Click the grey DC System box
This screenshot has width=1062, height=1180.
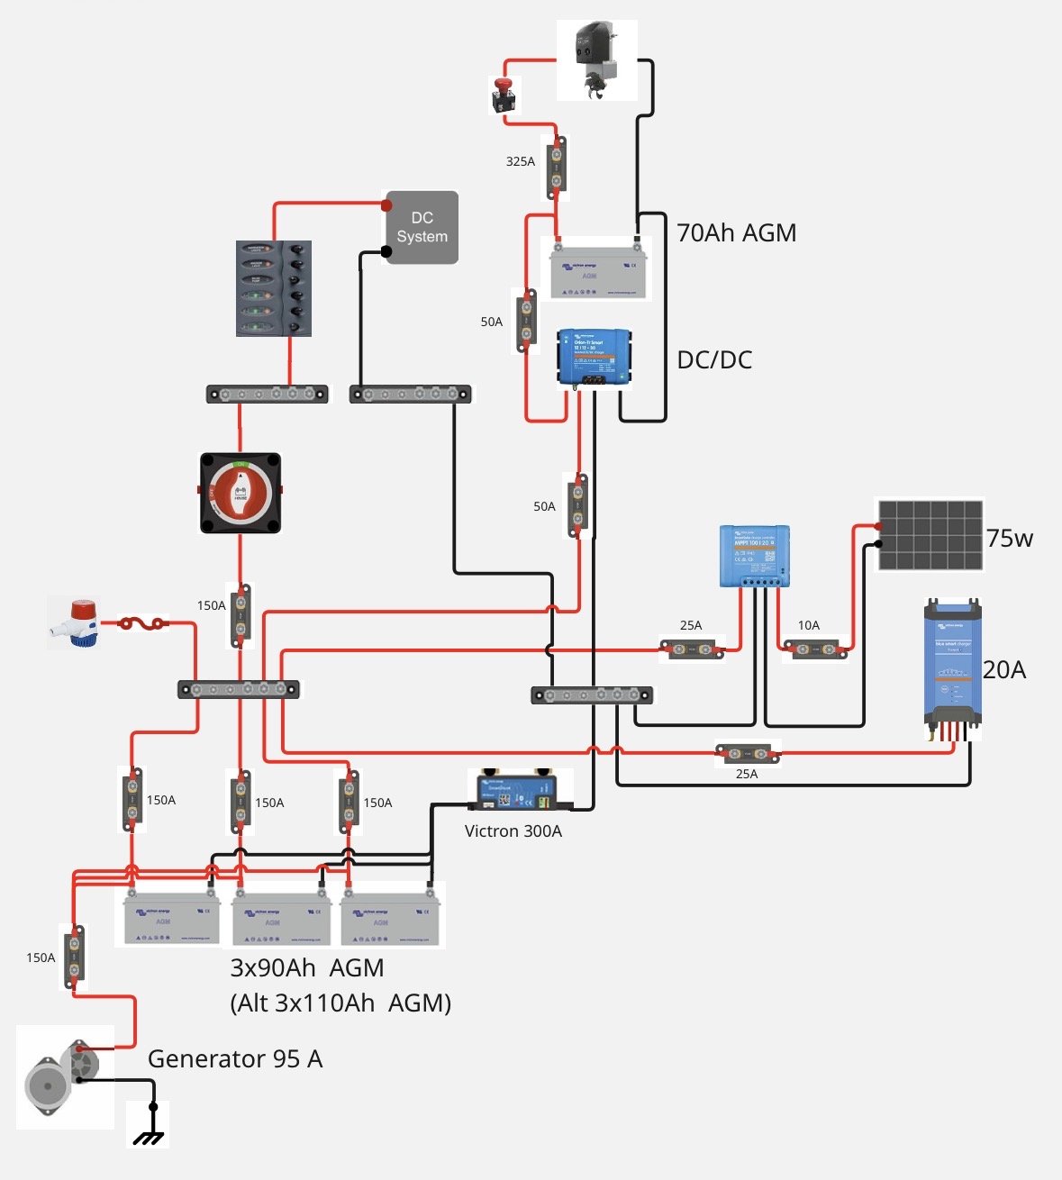(422, 227)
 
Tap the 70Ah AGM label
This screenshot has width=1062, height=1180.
(736, 233)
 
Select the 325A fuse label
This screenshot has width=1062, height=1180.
(520, 162)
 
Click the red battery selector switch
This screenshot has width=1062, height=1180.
(240, 492)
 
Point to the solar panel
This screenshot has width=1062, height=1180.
(930, 534)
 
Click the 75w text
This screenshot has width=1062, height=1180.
(1009, 539)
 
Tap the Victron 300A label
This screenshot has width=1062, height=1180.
(513, 831)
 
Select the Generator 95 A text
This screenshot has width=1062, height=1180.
(235, 1059)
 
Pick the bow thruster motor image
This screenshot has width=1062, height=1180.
(596, 59)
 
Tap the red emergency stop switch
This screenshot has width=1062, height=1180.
(504, 95)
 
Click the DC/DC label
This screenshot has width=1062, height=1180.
(714, 360)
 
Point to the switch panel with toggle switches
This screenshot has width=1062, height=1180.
(274, 288)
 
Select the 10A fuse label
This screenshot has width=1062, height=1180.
(808, 625)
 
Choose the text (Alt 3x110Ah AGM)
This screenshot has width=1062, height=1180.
(340, 1003)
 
